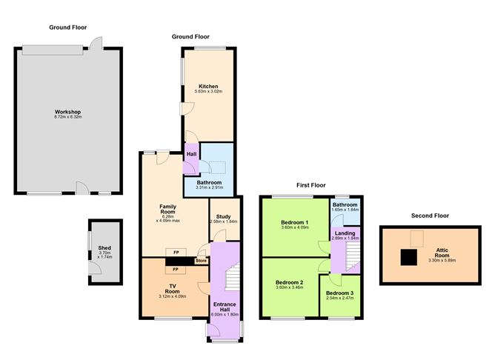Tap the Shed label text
[x=104, y=248]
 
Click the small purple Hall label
[x=191, y=153]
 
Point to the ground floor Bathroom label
[x=208, y=182]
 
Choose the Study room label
[x=223, y=216]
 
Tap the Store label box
[x=201, y=260]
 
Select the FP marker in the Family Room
[x=176, y=252]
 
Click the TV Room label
[x=172, y=288]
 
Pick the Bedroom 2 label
[x=290, y=283]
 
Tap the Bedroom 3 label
[x=340, y=293]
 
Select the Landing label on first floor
[x=345, y=233]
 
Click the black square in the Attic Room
[x=408, y=256]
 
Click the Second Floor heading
[x=429, y=216]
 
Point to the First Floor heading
[x=311, y=184]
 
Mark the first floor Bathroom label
[x=345, y=204]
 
